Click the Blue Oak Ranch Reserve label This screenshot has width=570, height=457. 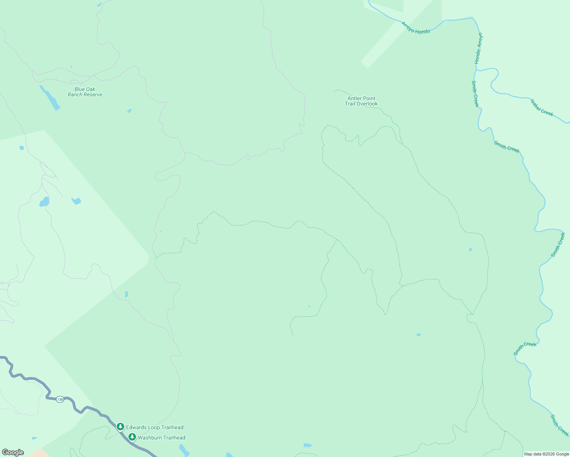coord(85,92)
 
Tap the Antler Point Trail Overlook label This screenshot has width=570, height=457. coord(361,101)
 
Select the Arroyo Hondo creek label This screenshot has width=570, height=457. coord(415,28)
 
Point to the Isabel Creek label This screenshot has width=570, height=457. coord(542,107)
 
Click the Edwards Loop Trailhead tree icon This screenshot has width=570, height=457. coord(120,427)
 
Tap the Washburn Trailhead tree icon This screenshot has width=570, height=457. coord(132,437)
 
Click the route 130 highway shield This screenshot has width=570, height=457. coord(60,399)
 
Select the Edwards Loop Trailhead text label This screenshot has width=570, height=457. coord(155,427)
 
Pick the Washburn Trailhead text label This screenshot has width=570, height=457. coord(162,438)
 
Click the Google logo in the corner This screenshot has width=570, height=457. coord(13,452)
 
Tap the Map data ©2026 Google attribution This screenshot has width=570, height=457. coord(546,454)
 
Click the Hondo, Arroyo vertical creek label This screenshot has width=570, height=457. coord(479,48)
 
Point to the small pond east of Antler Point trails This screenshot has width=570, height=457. coord(471,250)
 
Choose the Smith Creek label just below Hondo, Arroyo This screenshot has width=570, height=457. coord(475,94)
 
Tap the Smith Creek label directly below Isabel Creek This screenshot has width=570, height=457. coord(507,147)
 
